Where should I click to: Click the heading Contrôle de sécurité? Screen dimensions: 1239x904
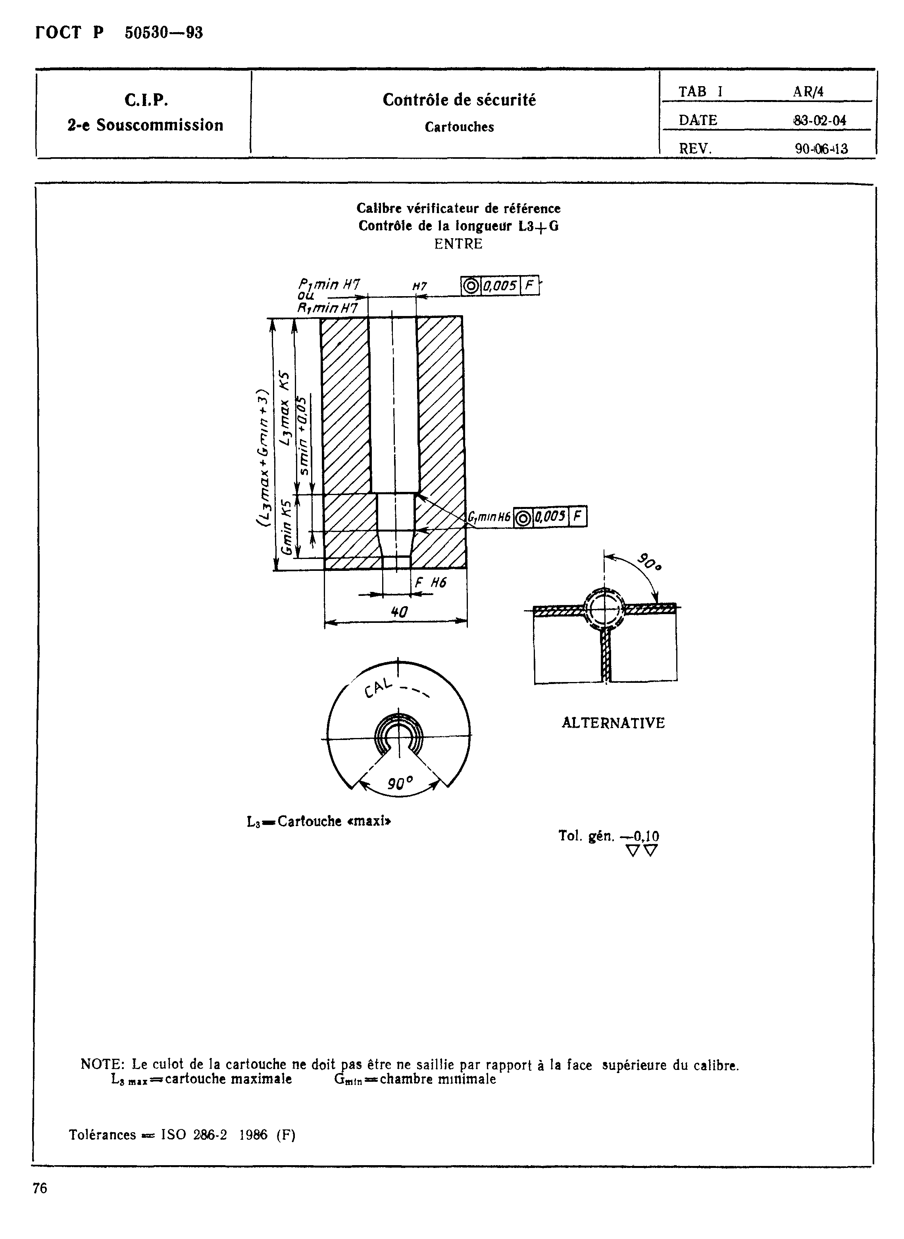(x=459, y=100)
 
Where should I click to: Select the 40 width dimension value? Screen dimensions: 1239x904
(x=399, y=612)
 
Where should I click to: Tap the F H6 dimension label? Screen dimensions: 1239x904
(x=431, y=582)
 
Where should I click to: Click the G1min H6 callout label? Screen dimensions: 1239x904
(x=489, y=516)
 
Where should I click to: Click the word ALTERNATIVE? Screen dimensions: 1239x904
(x=613, y=723)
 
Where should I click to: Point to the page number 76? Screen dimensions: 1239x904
(x=40, y=1188)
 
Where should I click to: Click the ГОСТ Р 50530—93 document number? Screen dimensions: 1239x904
(x=119, y=33)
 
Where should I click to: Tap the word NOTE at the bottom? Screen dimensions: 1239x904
(x=102, y=1065)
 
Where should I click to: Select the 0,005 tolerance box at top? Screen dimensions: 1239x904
(x=499, y=286)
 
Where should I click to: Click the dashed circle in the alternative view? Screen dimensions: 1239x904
(x=605, y=609)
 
